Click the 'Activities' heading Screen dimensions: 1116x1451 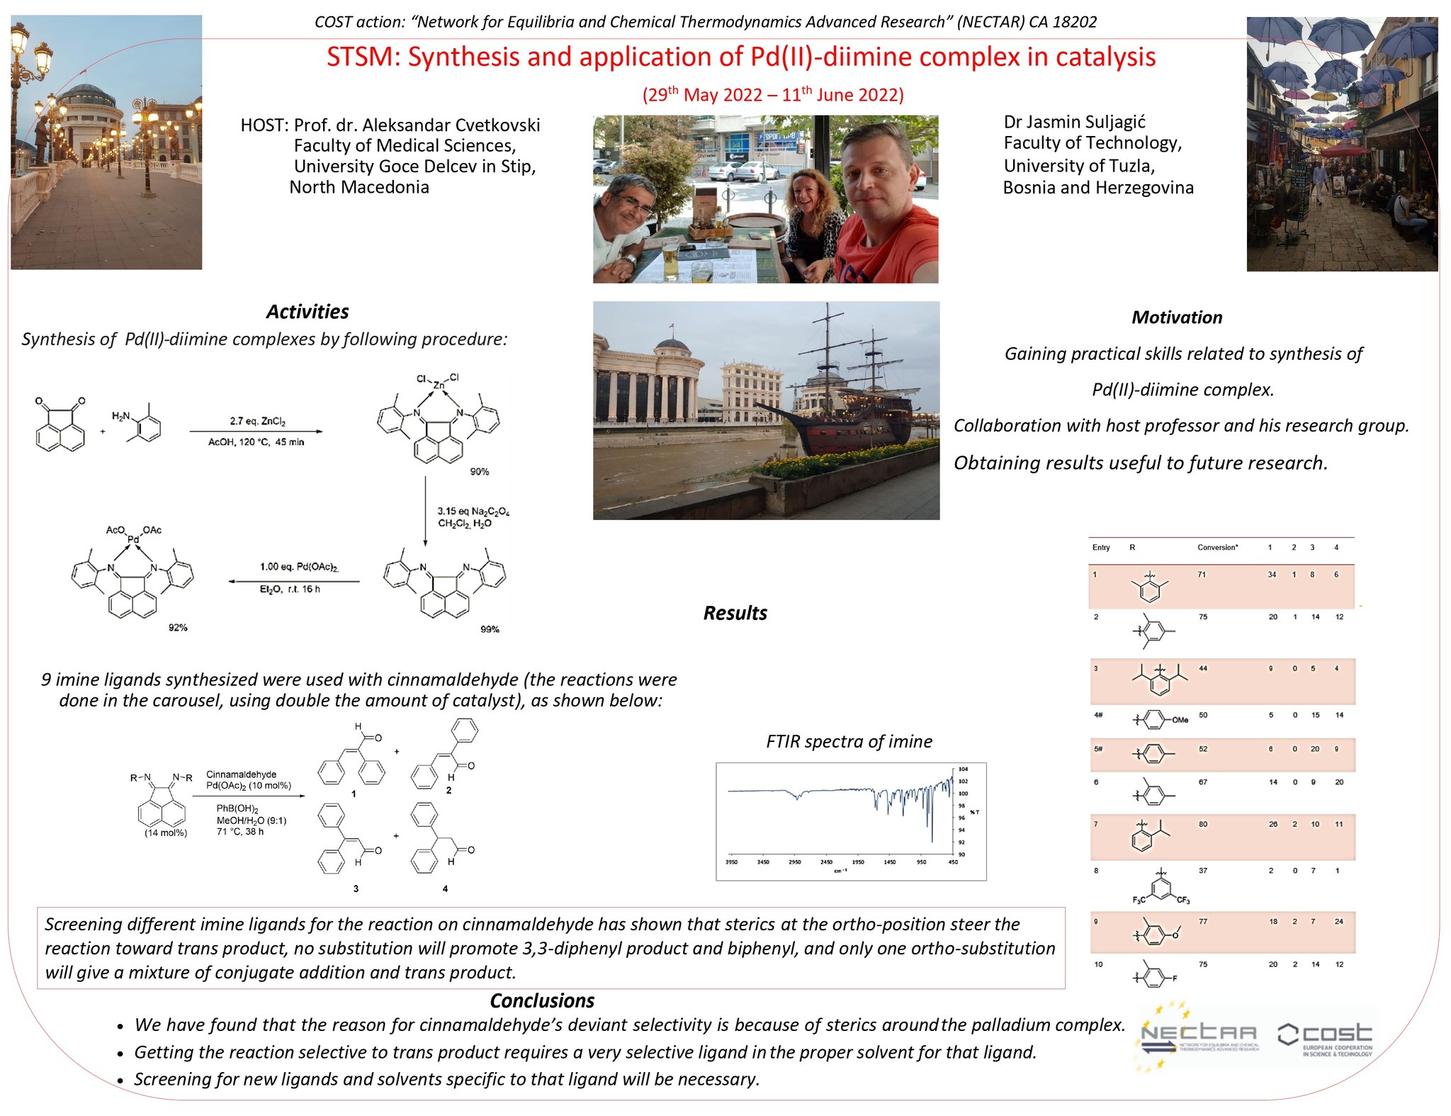pyautogui.click(x=307, y=312)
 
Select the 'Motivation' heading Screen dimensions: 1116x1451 pyautogui.click(x=1176, y=317)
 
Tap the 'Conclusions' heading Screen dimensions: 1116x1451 pyautogui.click(x=542, y=1001)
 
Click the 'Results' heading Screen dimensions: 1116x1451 pyautogui.click(x=735, y=613)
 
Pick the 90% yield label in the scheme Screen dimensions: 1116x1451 pyautogui.click(x=480, y=472)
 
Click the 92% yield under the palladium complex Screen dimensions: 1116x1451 pyautogui.click(x=178, y=628)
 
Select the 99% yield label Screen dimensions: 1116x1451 pyautogui.click(x=490, y=629)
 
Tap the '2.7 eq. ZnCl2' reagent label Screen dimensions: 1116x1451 pyautogui.click(x=257, y=422)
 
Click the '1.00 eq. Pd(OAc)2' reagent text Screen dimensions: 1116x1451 pyautogui.click(x=299, y=567)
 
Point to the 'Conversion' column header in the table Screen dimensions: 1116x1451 pyautogui.click(x=1217, y=548)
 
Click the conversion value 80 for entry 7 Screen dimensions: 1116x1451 pyautogui.click(x=1203, y=825)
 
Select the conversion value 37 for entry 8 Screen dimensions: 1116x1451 pyautogui.click(x=1203, y=871)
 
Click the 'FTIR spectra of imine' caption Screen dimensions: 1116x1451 pyautogui.click(x=849, y=742)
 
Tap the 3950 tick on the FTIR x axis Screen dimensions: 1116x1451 pyautogui.click(x=732, y=862)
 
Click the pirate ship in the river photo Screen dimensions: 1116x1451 pyautogui.click(x=850, y=411)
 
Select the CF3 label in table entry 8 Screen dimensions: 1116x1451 pyautogui.click(x=1183, y=901)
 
